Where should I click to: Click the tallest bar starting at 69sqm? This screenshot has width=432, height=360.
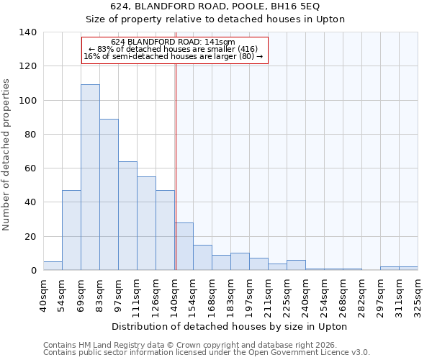(x=90, y=177)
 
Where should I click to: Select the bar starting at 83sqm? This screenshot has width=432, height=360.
(x=109, y=194)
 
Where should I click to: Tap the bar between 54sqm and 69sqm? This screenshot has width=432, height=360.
(x=71, y=230)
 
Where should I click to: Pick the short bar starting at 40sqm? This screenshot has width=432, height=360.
(x=53, y=266)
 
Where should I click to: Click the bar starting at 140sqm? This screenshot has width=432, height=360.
(x=184, y=246)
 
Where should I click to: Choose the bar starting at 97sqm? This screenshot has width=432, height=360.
(x=127, y=216)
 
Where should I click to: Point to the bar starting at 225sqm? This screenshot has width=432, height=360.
(x=296, y=265)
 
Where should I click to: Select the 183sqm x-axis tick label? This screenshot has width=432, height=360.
(x=230, y=294)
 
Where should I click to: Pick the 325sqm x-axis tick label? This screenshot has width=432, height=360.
(x=418, y=294)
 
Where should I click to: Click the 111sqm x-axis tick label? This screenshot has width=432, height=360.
(x=137, y=294)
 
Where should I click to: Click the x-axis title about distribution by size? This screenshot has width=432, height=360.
(x=230, y=326)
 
